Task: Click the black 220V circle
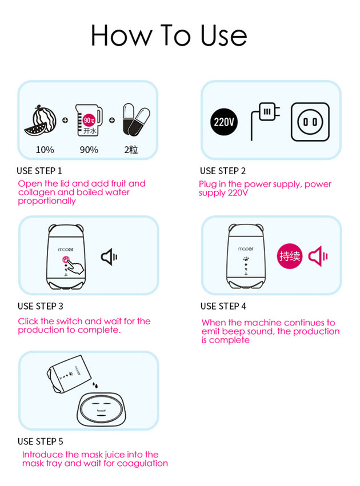224,122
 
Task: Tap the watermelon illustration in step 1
41,121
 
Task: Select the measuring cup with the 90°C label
89,120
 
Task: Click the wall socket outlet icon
310,122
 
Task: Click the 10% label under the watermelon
45,150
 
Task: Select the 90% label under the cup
89,150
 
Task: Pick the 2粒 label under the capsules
131,150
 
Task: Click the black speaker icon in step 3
109,257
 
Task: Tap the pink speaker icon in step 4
318,256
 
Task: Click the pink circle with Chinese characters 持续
290,256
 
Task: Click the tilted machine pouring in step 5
69,373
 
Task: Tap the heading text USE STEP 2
223,171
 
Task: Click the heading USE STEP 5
41,441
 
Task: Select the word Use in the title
224,35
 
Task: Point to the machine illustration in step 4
246,256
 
